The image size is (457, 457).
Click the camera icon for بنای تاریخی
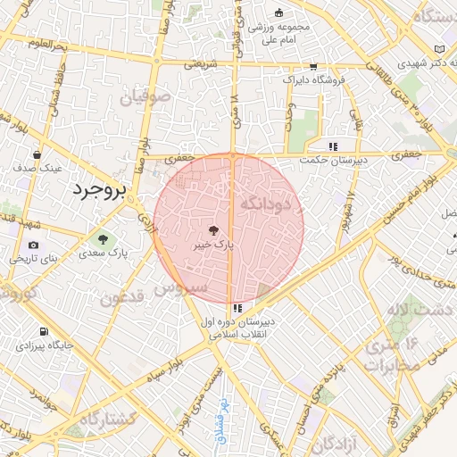[34, 245]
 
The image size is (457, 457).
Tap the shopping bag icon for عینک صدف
[37, 154]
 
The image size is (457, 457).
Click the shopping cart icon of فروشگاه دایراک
[312, 66]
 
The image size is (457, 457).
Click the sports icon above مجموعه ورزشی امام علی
[278, 12]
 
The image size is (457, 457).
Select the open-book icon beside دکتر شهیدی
[438, 49]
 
